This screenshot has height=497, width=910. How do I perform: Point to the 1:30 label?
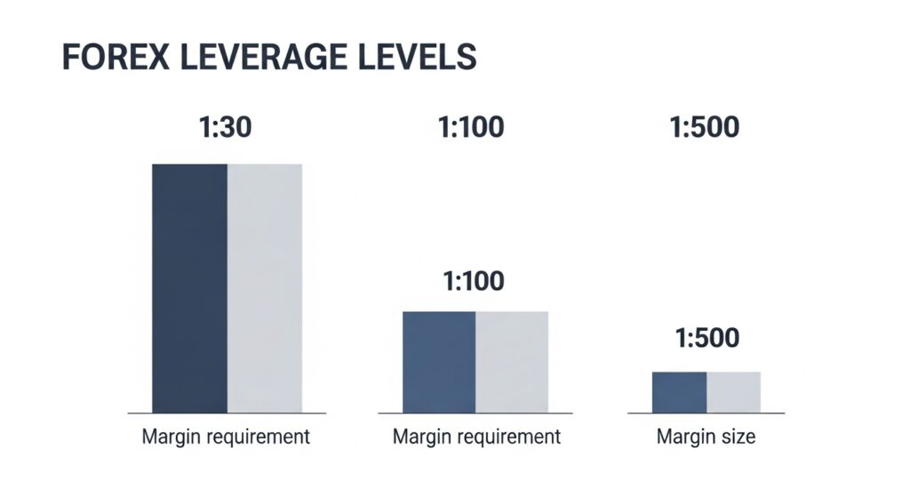tap(227, 127)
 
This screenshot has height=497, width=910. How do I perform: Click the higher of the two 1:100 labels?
tap(471, 127)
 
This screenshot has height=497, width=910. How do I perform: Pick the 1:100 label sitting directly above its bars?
tap(474, 282)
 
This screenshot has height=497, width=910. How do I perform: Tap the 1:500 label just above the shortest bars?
tap(706, 340)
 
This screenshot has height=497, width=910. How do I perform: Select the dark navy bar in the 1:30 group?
tap(189, 288)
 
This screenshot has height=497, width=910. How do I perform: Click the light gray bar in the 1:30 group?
tap(265, 288)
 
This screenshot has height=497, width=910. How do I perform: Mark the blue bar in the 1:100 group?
tap(439, 362)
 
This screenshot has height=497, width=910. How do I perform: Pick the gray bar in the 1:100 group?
tap(512, 362)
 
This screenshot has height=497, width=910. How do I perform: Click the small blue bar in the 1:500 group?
tap(679, 392)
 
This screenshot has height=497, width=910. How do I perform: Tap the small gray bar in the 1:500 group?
tap(734, 392)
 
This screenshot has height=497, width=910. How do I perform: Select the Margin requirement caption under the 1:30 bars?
tap(226, 437)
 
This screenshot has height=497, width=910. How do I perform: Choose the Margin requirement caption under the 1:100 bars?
tap(476, 437)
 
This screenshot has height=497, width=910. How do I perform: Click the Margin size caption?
tap(706, 437)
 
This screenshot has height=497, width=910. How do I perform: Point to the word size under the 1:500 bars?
tap(737, 437)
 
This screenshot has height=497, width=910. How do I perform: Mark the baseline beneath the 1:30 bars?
tap(226, 413)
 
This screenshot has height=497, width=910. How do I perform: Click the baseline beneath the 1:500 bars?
tap(706, 413)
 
